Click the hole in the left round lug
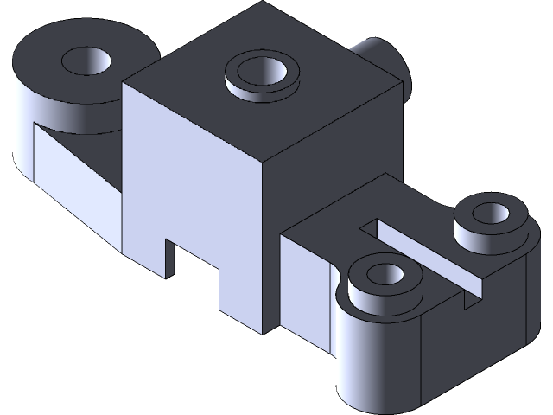tap(87, 61)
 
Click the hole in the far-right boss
tap(490, 212)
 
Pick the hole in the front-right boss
tap(385, 276)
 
